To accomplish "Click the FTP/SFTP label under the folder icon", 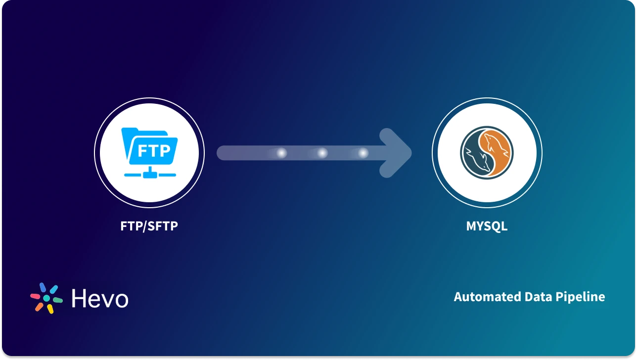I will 149,226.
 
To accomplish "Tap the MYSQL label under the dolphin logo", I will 487,226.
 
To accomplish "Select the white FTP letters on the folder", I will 153,150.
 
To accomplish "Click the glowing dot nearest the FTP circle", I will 281,153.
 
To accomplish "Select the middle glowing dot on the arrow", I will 322,153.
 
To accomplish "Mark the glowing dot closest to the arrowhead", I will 364,153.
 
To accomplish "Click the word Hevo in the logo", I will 99,298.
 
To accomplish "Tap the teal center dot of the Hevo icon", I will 46,298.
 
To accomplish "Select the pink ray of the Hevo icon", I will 35,296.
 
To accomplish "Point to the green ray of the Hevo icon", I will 57,300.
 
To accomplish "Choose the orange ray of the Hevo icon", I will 39,307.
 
